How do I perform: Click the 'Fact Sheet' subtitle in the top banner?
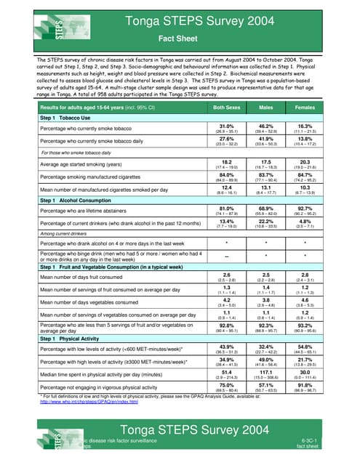point(180,39)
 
